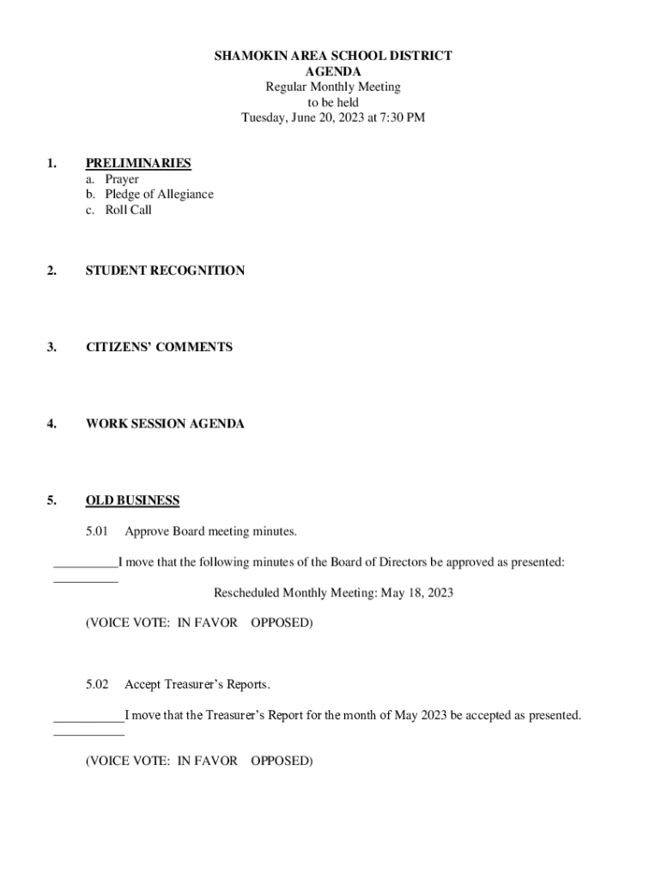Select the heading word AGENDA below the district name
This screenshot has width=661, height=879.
click(x=333, y=71)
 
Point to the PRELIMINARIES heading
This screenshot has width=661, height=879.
click(x=138, y=163)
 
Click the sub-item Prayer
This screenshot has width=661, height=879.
click(x=122, y=179)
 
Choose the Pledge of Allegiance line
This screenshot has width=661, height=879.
click(x=159, y=194)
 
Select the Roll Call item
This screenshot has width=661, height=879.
click(x=128, y=209)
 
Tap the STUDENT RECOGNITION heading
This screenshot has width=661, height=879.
click(x=165, y=270)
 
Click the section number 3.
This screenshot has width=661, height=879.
click(x=52, y=347)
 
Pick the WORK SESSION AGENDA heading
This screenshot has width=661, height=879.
click(x=165, y=424)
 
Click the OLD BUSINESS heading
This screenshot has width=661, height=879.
click(x=132, y=500)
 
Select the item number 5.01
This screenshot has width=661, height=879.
click(x=97, y=531)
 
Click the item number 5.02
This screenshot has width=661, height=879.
click(x=97, y=684)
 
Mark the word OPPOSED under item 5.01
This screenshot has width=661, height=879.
click(x=282, y=622)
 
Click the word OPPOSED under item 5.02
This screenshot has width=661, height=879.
click(x=282, y=761)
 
